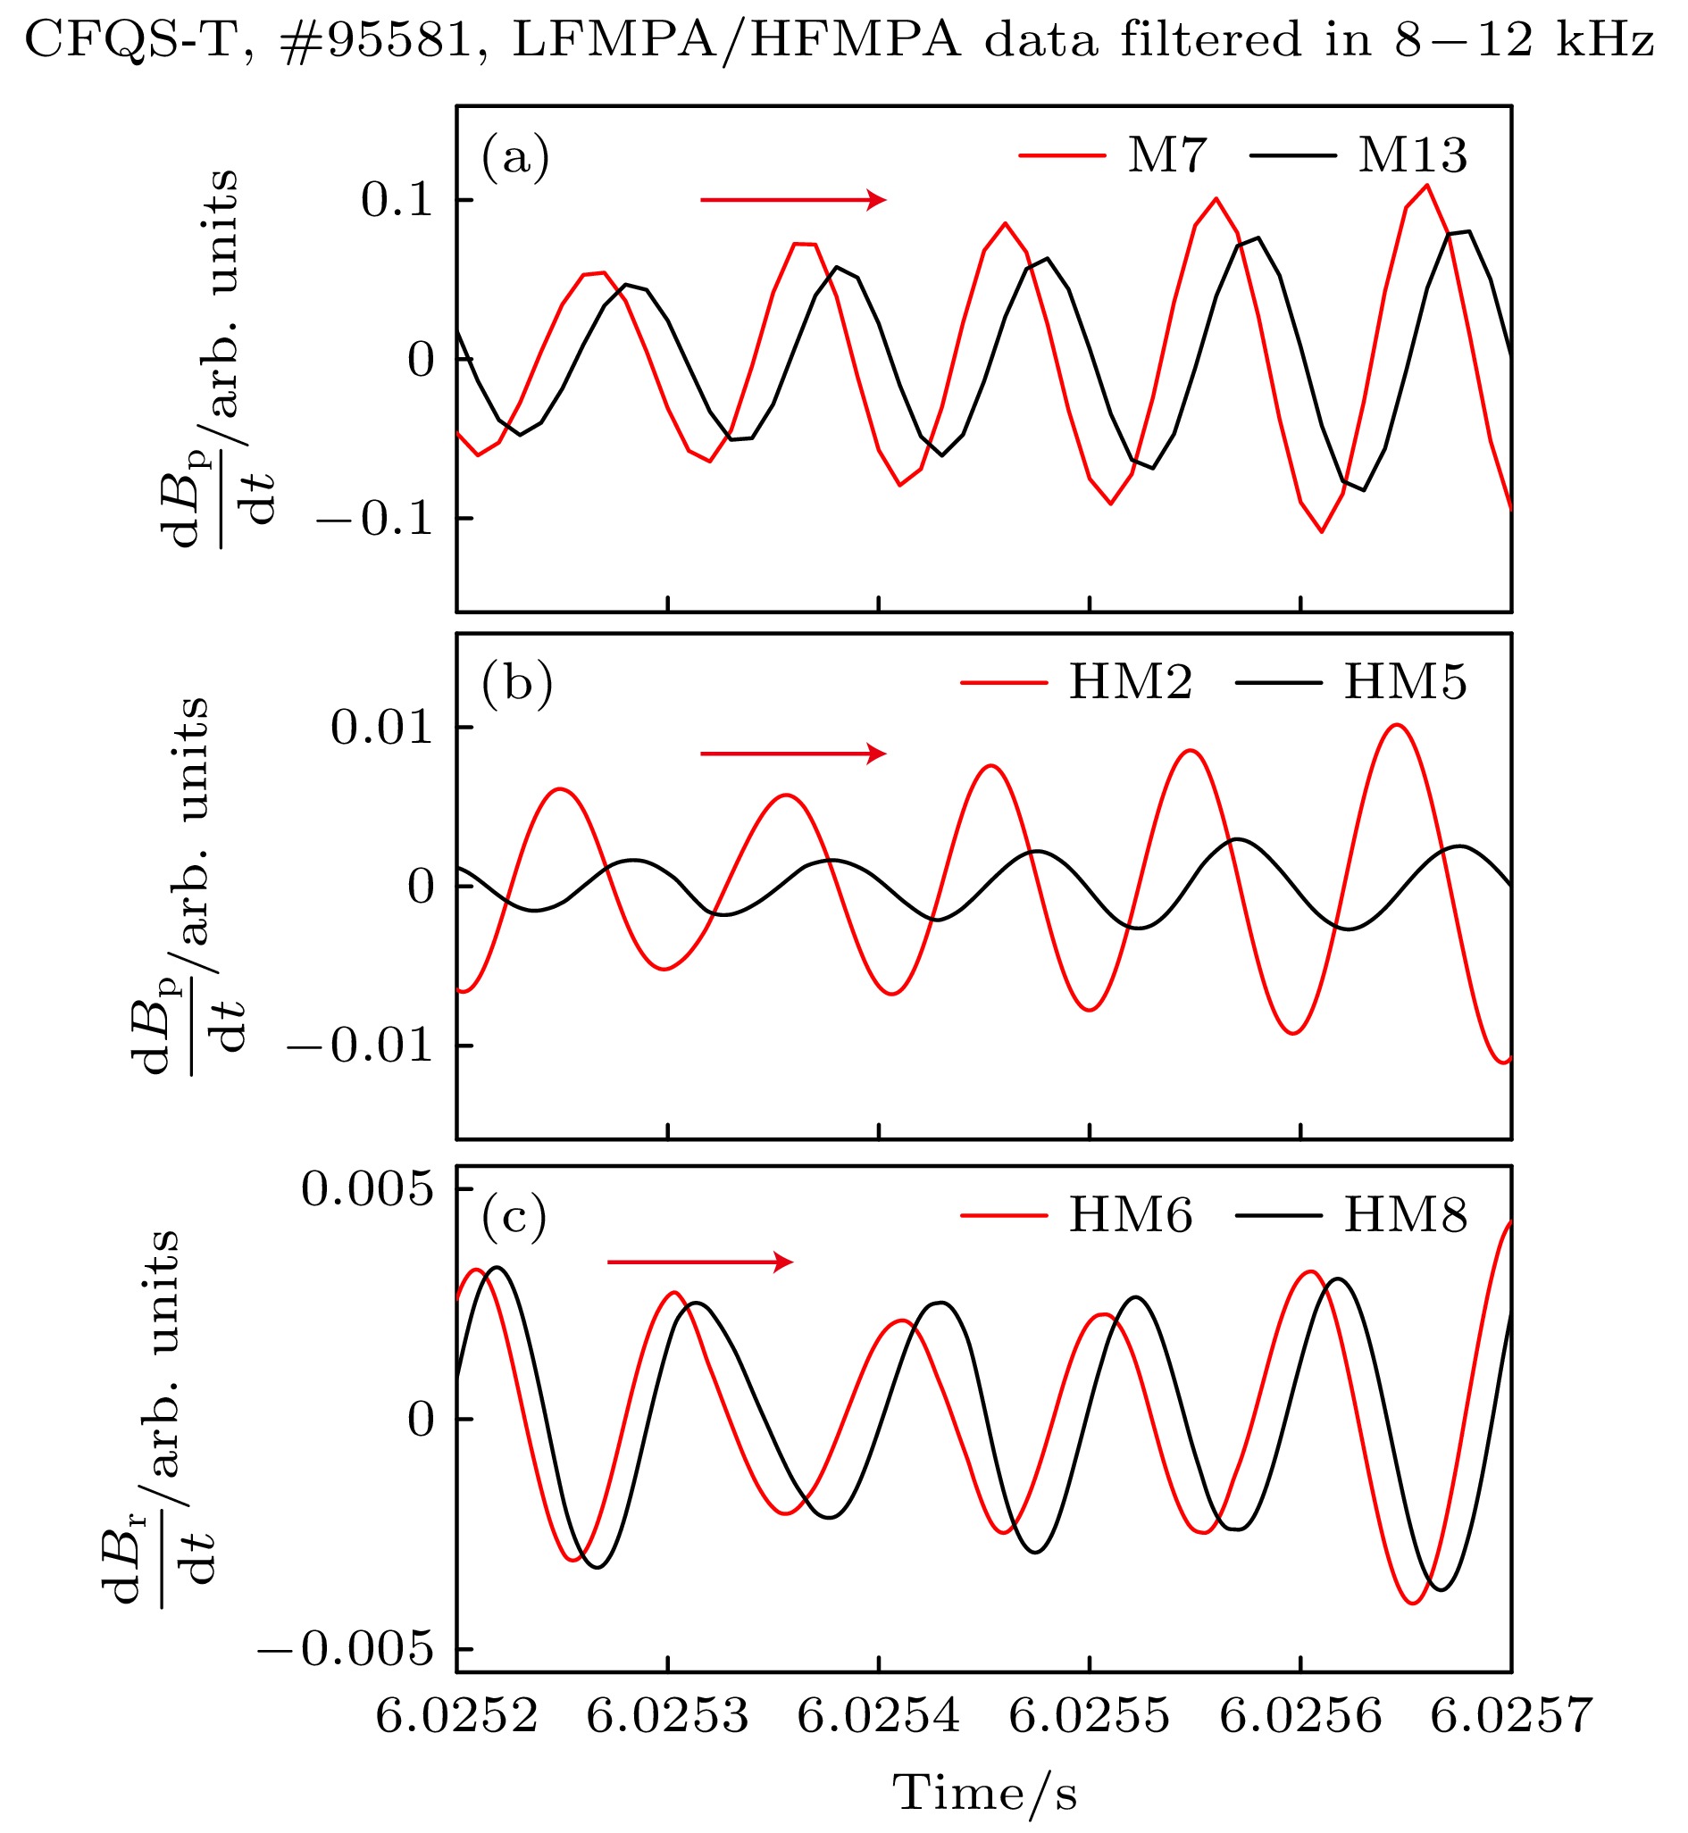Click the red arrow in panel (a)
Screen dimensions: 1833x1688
(792, 199)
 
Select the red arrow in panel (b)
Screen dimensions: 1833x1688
(792, 754)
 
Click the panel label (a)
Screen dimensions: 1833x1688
(515, 157)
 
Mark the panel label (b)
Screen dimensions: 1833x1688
(517, 684)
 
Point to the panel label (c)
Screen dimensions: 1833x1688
(514, 1218)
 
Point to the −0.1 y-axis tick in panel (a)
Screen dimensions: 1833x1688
(374, 519)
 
